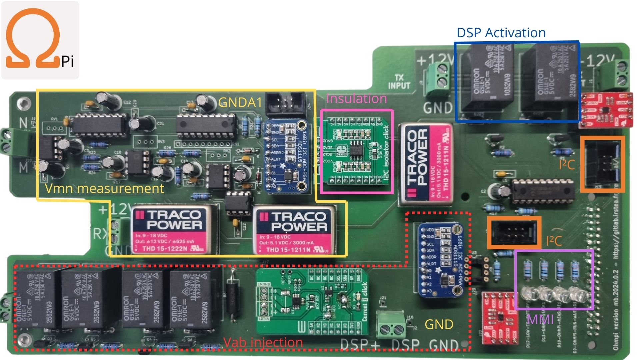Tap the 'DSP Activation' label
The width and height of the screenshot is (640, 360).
tap(501, 33)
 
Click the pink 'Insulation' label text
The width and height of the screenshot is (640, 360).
tap(356, 99)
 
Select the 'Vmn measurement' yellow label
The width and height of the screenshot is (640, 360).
tap(104, 189)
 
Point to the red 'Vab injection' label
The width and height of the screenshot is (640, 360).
tap(263, 342)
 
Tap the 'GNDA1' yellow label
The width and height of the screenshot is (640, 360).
tap(240, 103)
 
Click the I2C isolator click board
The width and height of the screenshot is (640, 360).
tap(357, 152)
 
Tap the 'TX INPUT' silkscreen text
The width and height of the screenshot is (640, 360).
tap(399, 82)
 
